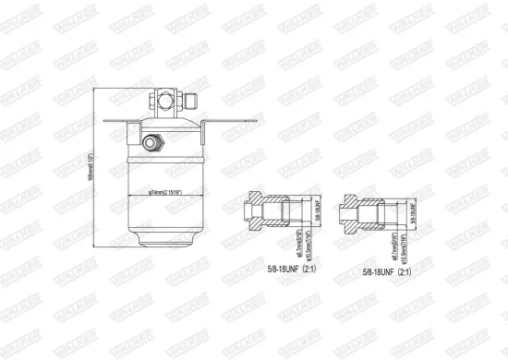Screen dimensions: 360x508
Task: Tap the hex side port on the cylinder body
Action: point(151,142)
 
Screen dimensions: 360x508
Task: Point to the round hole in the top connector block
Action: point(167,96)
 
